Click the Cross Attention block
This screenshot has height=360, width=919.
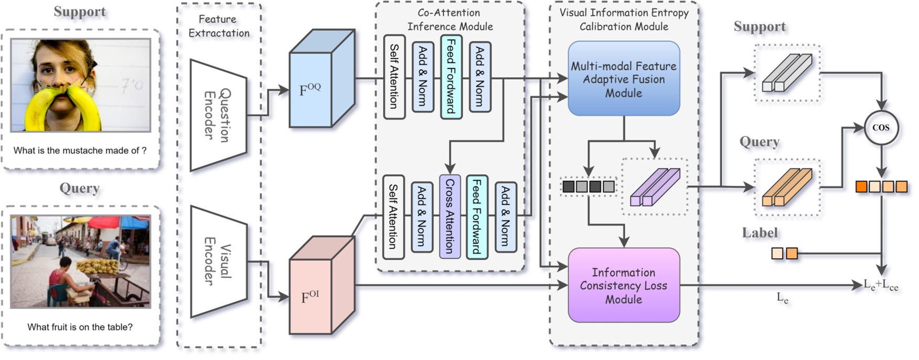coord(450,216)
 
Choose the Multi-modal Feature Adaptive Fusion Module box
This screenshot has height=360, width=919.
coord(624,79)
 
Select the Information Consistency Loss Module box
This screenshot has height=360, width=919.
coord(624,285)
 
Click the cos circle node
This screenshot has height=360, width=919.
coord(881,128)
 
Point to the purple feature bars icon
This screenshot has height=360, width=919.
coord(655,187)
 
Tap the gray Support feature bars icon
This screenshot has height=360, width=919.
coord(787,73)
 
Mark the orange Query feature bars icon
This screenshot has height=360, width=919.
coord(787,187)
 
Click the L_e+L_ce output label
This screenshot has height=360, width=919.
coord(881,285)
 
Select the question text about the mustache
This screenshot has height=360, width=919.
coord(80,151)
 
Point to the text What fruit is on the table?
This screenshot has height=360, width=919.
coord(80,327)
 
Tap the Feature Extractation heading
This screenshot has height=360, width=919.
coord(219,26)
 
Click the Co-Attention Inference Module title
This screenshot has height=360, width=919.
coord(450,19)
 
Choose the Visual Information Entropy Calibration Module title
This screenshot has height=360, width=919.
coord(624,19)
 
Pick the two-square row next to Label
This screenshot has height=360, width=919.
coord(785,254)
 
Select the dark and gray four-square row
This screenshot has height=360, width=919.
coord(588,186)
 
